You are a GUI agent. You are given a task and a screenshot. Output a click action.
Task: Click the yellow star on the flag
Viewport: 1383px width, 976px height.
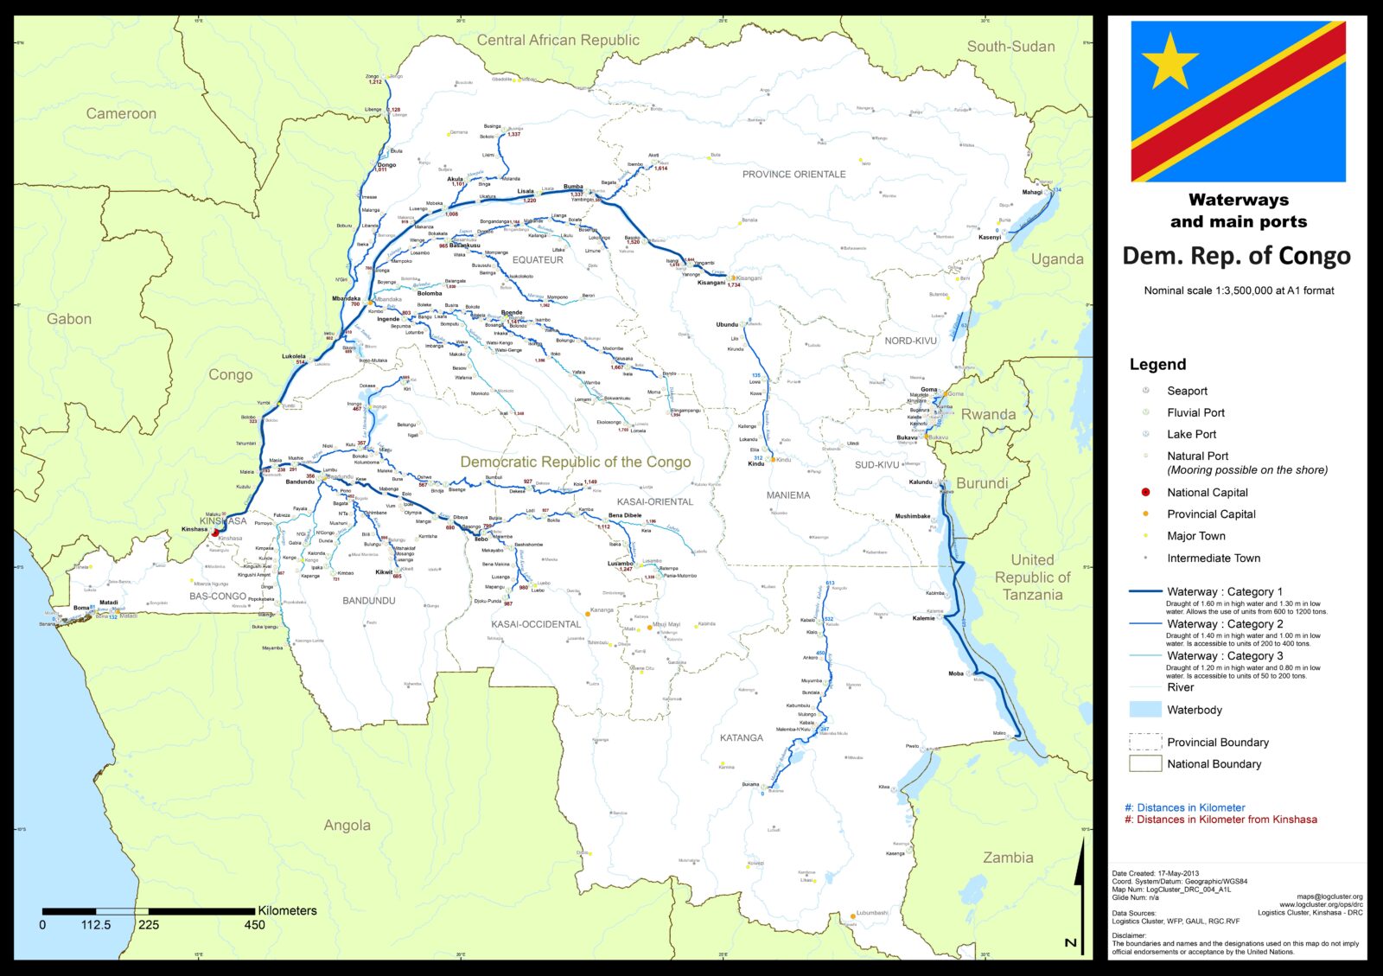point(1169,61)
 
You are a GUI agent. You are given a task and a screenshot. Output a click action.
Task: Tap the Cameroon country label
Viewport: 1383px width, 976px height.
point(121,113)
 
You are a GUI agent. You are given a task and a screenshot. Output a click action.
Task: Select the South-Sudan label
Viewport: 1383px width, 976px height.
point(1010,47)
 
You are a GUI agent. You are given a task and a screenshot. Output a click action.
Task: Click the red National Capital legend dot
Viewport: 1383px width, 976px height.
point(1146,492)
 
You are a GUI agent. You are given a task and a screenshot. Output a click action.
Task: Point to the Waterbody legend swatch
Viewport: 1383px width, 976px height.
point(1145,710)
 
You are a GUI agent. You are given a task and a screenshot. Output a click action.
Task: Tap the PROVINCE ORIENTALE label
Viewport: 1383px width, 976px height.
point(793,174)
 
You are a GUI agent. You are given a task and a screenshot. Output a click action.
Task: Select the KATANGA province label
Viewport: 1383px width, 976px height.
point(741,737)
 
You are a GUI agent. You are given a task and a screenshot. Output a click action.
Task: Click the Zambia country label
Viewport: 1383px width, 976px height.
point(1008,858)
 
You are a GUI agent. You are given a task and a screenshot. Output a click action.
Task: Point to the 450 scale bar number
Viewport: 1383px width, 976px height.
point(254,925)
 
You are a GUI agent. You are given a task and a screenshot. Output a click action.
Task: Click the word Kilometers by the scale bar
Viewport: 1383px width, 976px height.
point(287,910)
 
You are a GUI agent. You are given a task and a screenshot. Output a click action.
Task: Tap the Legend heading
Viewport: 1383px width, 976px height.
point(1157,364)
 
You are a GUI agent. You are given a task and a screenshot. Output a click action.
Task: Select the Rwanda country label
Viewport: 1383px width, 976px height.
point(988,414)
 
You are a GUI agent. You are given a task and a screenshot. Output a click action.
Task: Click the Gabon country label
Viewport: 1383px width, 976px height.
point(69,319)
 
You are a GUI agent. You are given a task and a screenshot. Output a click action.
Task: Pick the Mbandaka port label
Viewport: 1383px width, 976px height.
point(346,298)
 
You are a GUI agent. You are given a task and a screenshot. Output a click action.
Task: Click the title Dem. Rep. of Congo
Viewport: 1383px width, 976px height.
point(1236,256)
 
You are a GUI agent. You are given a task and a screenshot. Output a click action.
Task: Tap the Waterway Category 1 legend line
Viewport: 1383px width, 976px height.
point(1145,591)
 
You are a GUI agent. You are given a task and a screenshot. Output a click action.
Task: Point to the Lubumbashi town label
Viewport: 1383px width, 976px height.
point(872,913)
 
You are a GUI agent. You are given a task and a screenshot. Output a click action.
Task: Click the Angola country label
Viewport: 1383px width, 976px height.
point(347,826)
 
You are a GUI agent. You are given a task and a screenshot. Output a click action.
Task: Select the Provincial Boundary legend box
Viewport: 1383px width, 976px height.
point(1145,742)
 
